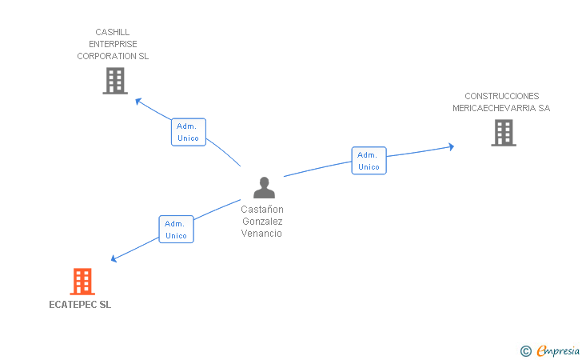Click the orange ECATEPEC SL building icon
pyautogui.click(x=82, y=282)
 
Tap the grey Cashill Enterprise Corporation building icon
pyautogui.click(x=115, y=81)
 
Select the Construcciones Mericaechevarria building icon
pyautogui.click(x=503, y=133)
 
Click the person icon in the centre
pyautogui.click(x=264, y=188)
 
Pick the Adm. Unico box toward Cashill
pyautogui.click(x=189, y=132)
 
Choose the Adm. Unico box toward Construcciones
pyautogui.click(x=369, y=160)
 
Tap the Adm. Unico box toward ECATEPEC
pyautogui.click(x=176, y=230)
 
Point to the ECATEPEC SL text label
pyautogui.click(x=80, y=305)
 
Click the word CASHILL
pyautogui.click(x=113, y=33)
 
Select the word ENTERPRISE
pyautogui.click(x=113, y=45)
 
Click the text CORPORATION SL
pyautogui.click(x=113, y=57)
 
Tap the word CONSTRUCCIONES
pyautogui.click(x=501, y=96)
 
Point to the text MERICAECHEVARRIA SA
pyautogui.click(x=501, y=108)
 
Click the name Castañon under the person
pyautogui.click(x=262, y=210)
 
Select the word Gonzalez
pyautogui.click(x=262, y=222)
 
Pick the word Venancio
pyautogui.click(x=262, y=234)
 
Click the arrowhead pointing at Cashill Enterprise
pyautogui.click(x=138, y=101)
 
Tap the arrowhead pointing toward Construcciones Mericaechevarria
pyautogui.click(x=451, y=146)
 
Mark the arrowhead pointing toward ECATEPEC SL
pyautogui.click(x=114, y=258)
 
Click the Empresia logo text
pyautogui.click(x=558, y=350)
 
